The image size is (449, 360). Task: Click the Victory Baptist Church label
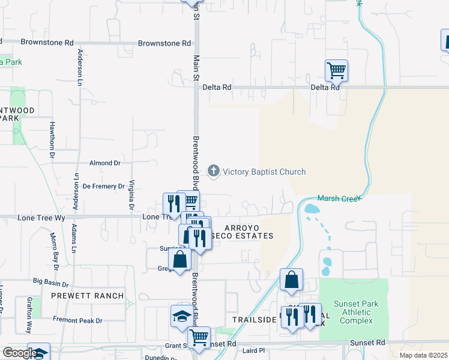tap(264, 172)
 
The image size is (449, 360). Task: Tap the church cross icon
tap(213, 172)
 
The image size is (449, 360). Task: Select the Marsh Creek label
tap(339, 199)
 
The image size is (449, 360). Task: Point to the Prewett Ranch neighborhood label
tap(88, 296)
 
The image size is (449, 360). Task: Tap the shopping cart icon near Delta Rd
tap(336, 70)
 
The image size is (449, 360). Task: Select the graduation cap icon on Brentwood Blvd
tap(181, 315)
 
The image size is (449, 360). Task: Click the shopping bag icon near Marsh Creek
tap(291, 280)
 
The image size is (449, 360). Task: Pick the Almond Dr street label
tap(104, 163)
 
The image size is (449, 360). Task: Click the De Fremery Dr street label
tap(103, 187)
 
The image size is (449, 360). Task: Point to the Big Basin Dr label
tap(51, 281)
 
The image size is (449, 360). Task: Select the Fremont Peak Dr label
tap(77, 321)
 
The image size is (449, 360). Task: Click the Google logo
tap(20, 353)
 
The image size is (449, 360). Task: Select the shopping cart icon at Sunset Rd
tap(199, 337)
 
